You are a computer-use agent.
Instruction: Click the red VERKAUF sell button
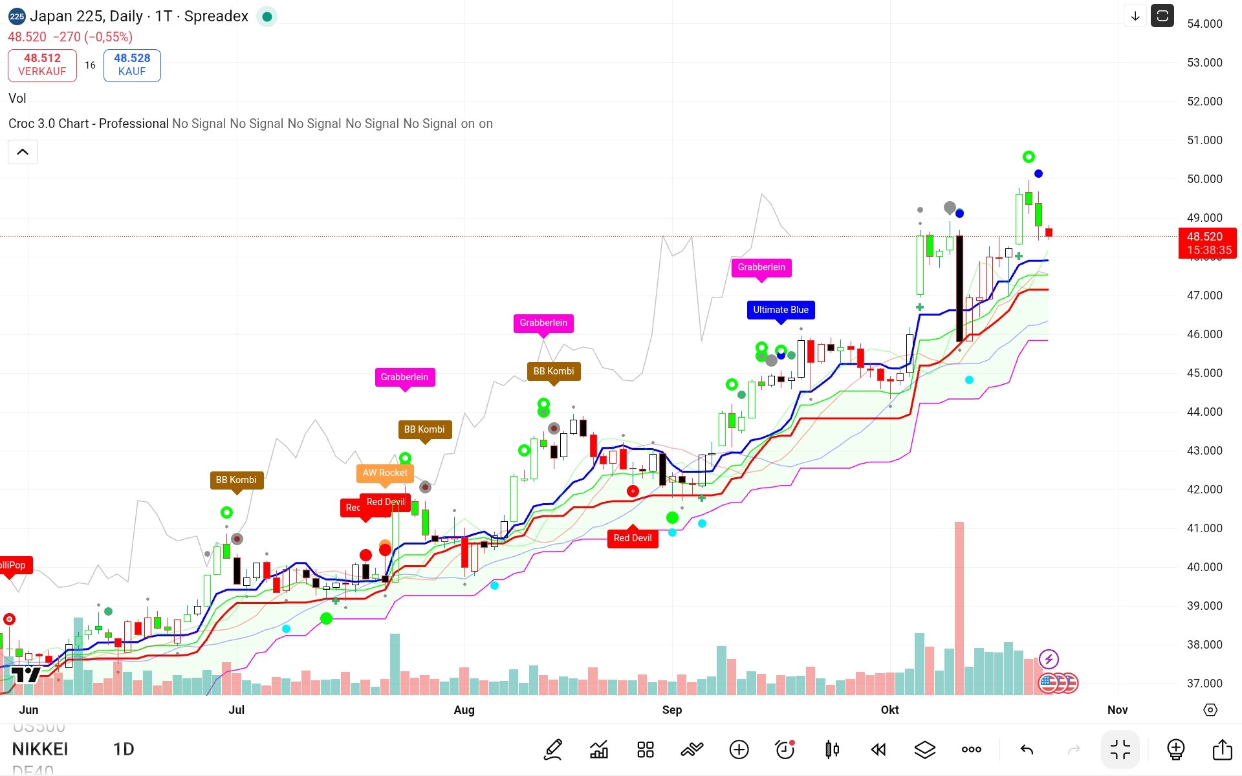(x=42, y=65)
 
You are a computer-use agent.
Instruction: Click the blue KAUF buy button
(x=132, y=65)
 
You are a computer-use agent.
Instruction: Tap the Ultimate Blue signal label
(x=780, y=310)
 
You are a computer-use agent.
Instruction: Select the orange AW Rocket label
(x=385, y=473)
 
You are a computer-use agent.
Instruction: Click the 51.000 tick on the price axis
(x=1204, y=140)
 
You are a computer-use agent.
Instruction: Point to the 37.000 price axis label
(x=1204, y=684)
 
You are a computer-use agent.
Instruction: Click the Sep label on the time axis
(x=672, y=710)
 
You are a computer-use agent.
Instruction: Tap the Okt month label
(x=889, y=710)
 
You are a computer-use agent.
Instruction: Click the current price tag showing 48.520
(x=1206, y=242)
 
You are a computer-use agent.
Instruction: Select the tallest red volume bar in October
(x=959, y=608)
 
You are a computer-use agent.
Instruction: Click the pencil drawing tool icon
(x=553, y=749)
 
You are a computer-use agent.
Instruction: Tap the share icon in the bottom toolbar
(x=1222, y=749)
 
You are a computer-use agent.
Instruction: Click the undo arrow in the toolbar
(x=1027, y=749)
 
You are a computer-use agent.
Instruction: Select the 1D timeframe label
(x=124, y=749)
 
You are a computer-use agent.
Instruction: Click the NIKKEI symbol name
(x=40, y=749)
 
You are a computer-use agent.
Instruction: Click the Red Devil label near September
(x=633, y=538)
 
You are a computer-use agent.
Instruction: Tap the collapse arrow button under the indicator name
(x=23, y=152)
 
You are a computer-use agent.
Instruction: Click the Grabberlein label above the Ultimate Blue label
(x=761, y=267)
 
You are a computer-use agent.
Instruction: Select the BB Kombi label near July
(x=236, y=480)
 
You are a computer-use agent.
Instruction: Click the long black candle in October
(x=959, y=288)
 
